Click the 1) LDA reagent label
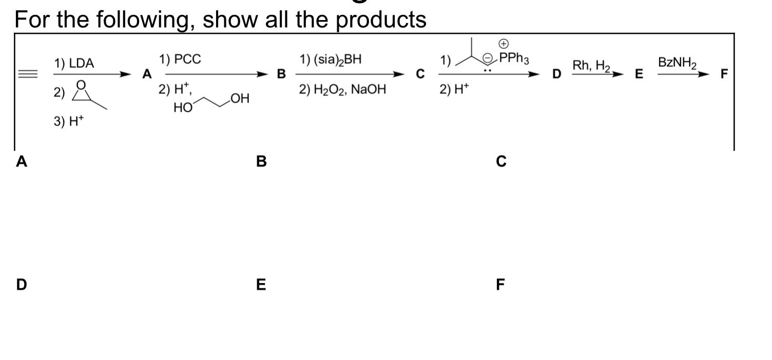click(74, 64)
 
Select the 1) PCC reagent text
click(180, 60)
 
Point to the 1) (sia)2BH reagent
click(331, 60)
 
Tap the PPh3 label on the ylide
click(516, 58)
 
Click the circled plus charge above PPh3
click(505, 44)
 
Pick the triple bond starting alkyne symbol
click(29, 74)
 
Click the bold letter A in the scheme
click(147, 75)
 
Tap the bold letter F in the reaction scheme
click(724, 74)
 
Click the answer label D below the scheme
click(21, 284)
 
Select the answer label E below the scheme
click(261, 284)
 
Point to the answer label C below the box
click(501, 161)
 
